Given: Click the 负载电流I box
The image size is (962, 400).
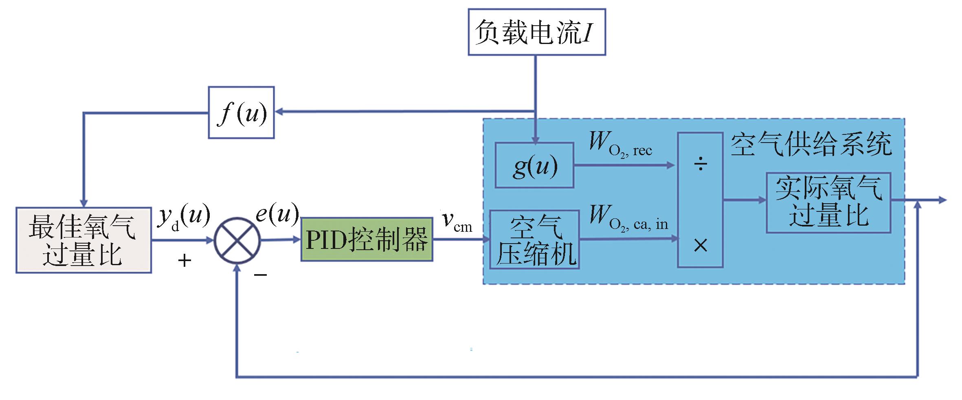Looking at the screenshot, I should point(536,32).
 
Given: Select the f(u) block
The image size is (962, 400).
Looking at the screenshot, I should point(241,112).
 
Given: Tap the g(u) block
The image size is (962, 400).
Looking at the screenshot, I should point(534,165).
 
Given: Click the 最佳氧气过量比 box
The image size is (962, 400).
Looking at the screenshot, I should point(83,240).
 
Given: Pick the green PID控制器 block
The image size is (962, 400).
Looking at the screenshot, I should point(367,240).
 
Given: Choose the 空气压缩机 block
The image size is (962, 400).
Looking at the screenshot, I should point(534,240).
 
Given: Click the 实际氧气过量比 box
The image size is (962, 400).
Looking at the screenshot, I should point(828,202).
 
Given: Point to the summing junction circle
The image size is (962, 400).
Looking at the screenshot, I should point(237,240).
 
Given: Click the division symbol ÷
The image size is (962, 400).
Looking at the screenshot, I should point(701,165).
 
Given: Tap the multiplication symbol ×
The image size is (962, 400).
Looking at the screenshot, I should point(701,245).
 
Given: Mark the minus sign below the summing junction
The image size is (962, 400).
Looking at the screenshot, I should point(260,275).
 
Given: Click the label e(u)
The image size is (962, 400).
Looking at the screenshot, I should point(277,213).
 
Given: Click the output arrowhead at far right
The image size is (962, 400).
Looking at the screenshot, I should point(942,200).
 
